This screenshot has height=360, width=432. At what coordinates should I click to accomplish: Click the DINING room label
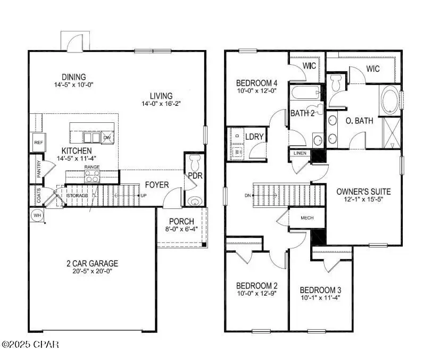click(73, 77)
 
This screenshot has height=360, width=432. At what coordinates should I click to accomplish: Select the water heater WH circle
click(37, 216)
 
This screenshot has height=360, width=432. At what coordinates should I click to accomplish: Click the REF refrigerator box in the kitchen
click(38, 143)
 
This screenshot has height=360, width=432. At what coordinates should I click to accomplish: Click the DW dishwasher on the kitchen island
click(107, 138)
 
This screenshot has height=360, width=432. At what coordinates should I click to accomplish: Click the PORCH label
click(181, 221)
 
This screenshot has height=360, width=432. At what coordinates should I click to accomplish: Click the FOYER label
click(157, 185)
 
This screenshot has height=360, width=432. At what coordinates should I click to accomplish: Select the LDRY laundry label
click(254, 136)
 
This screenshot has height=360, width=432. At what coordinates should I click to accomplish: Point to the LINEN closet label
click(300, 154)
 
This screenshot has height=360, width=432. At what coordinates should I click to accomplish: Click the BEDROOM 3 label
click(320, 290)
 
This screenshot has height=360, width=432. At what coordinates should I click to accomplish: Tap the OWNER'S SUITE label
click(364, 191)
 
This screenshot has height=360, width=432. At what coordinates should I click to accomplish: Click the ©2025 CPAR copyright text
click(30, 345)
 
